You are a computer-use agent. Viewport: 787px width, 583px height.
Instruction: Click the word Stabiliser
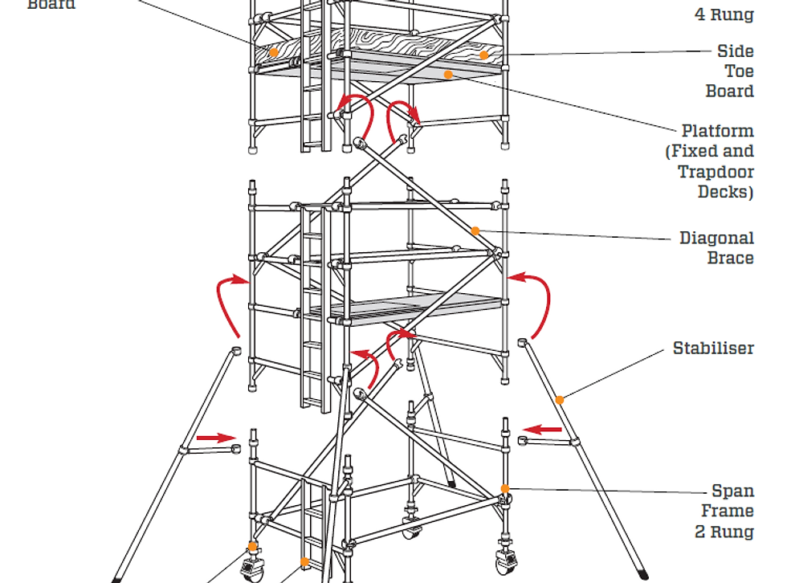click(x=713, y=349)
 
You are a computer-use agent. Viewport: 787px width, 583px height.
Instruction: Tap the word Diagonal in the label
click(x=716, y=238)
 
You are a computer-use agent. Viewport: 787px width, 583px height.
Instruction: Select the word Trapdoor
click(x=716, y=172)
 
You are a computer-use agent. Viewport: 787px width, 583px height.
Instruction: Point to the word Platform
click(x=717, y=131)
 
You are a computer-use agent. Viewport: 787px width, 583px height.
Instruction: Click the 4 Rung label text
click(x=724, y=14)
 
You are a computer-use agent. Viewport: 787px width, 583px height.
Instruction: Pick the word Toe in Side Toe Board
click(x=739, y=71)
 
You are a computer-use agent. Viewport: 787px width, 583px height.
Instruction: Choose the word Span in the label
click(x=732, y=491)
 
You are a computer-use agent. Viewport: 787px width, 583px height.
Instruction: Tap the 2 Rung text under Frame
click(x=724, y=531)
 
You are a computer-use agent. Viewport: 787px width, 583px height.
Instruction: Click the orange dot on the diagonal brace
click(x=475, y=230)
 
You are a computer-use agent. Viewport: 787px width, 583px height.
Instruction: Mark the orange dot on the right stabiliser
click(x=560, y=399)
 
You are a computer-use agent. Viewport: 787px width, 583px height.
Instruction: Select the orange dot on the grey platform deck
click(x=448, y=74)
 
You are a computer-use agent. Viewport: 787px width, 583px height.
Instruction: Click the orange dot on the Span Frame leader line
click(x=504, y=488)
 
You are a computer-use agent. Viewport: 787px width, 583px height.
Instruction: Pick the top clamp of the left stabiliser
click(x=236, y=351)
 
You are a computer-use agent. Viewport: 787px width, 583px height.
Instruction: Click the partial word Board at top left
click(x=51, y=5)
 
